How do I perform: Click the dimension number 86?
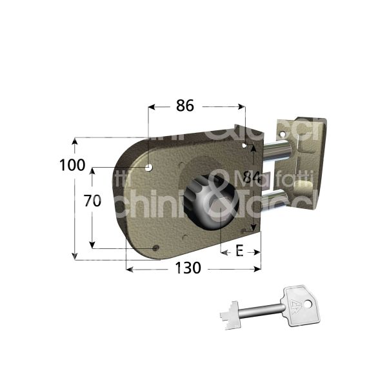coord(184,107)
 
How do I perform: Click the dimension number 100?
coord(72,164)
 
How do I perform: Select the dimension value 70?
coord(93,201)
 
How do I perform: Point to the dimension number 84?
coord(252,177)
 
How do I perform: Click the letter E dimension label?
coord(239,251)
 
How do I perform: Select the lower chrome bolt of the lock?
coord(282,195)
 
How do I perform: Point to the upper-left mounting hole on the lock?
coord(150,168)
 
